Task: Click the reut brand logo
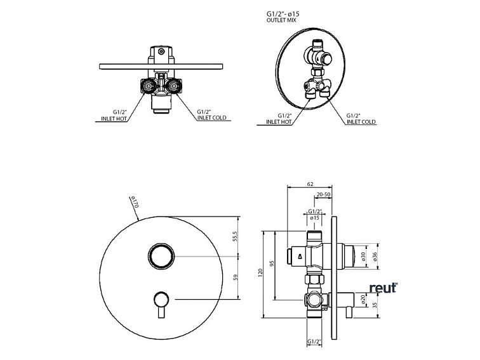click(x=383, y=288)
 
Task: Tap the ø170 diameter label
click(x=135, y=202)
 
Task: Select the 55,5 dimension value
click(x=235, y=237)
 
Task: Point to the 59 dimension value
click(x=236, y=277)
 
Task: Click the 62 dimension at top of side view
click(x=310, y=184)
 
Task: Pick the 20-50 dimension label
click(x=324, y=194)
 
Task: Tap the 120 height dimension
click(x=260, y=272)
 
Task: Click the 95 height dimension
click(x=272, y=263)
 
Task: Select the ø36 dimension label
click(x=375, y=257)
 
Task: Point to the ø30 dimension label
click(x=363, y=257)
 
